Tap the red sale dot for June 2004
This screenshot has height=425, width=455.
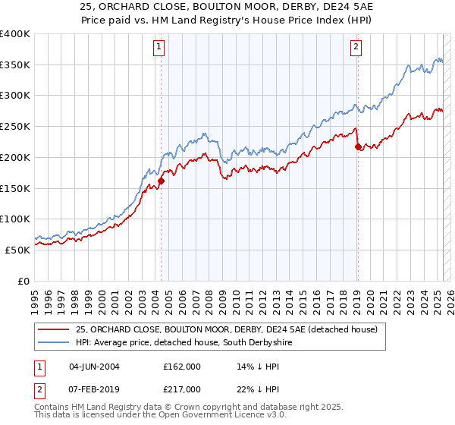pos(162,181)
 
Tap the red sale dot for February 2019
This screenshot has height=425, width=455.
pos(358,147)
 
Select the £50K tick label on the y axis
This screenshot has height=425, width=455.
pos(18,250)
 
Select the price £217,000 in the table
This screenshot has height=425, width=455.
pos(182,389)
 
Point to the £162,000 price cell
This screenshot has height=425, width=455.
pos(182,366)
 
